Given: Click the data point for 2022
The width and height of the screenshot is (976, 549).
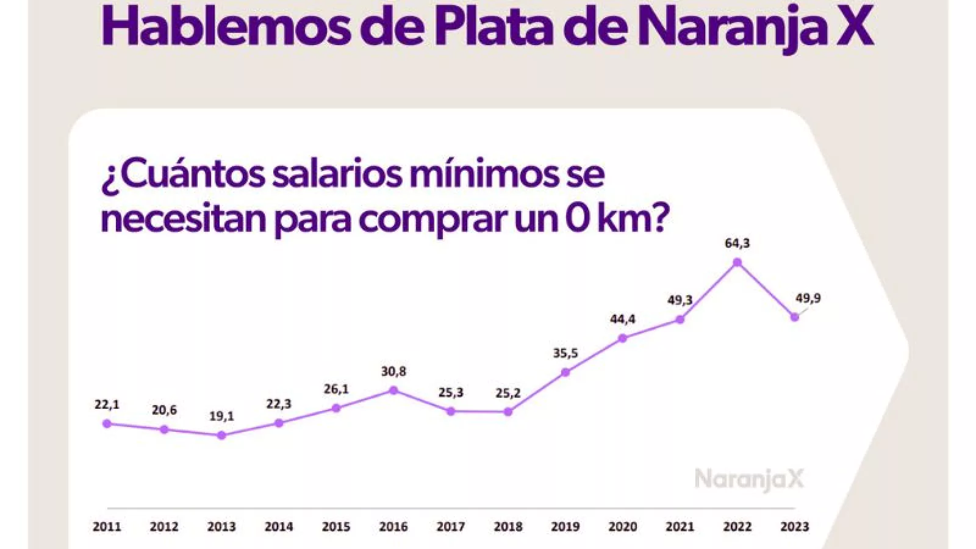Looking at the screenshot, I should coord(737,262).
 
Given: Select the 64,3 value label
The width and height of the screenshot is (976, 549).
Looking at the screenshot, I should coord(737,243).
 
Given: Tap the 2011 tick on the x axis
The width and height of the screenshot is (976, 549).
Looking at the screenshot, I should coord(107,526).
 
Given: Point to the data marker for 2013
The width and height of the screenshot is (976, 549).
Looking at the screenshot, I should coord(221,435).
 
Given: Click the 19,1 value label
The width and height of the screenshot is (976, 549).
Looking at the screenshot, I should coord(221,417).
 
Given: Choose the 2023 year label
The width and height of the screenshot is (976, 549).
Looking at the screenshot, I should coord(794,526).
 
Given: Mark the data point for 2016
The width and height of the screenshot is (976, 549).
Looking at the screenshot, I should coord(393,390).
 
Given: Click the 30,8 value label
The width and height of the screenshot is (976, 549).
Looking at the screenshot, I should coord(393,371).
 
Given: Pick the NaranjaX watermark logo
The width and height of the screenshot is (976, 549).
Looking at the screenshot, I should coord(749,479).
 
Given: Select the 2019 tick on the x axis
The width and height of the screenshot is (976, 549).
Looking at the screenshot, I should coord(565,526).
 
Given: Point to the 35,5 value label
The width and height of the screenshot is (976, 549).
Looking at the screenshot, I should coord(565,353).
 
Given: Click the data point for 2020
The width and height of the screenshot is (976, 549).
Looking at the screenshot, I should coord(623,338).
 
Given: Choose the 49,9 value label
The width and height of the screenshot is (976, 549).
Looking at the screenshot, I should coord(808,298).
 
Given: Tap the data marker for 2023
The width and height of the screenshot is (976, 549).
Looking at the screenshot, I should coord(794,317).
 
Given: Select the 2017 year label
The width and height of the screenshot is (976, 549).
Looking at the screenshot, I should coord(451,526).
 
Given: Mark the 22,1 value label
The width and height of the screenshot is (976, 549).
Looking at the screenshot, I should coord(107,404).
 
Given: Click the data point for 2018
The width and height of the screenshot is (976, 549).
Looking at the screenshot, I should coord(508,412).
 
